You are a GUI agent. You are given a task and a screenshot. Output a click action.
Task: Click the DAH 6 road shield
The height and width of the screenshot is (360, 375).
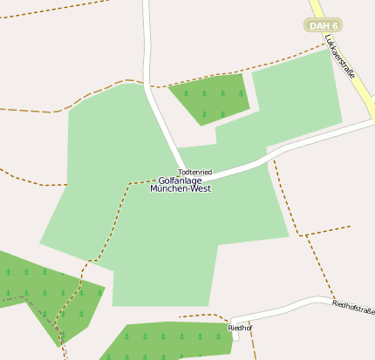[x=324, y=25]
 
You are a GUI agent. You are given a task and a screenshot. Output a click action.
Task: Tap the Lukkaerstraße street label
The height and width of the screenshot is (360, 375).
[x=339, y=57]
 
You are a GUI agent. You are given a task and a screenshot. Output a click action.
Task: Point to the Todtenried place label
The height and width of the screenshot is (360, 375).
[x=194, y=173]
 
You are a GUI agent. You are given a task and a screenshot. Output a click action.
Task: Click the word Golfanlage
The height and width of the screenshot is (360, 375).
[x=180, y=181]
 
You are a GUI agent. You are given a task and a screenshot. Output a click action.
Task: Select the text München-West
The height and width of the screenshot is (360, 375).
[x=180, y=189]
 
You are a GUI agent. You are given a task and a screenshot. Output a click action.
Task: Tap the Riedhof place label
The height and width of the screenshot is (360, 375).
[x=239, y=328]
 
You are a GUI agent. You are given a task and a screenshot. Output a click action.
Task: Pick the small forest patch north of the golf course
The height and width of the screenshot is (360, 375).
[x=209, y=97]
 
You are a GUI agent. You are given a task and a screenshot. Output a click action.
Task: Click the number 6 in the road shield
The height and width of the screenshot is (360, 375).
[x=333, y=25]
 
